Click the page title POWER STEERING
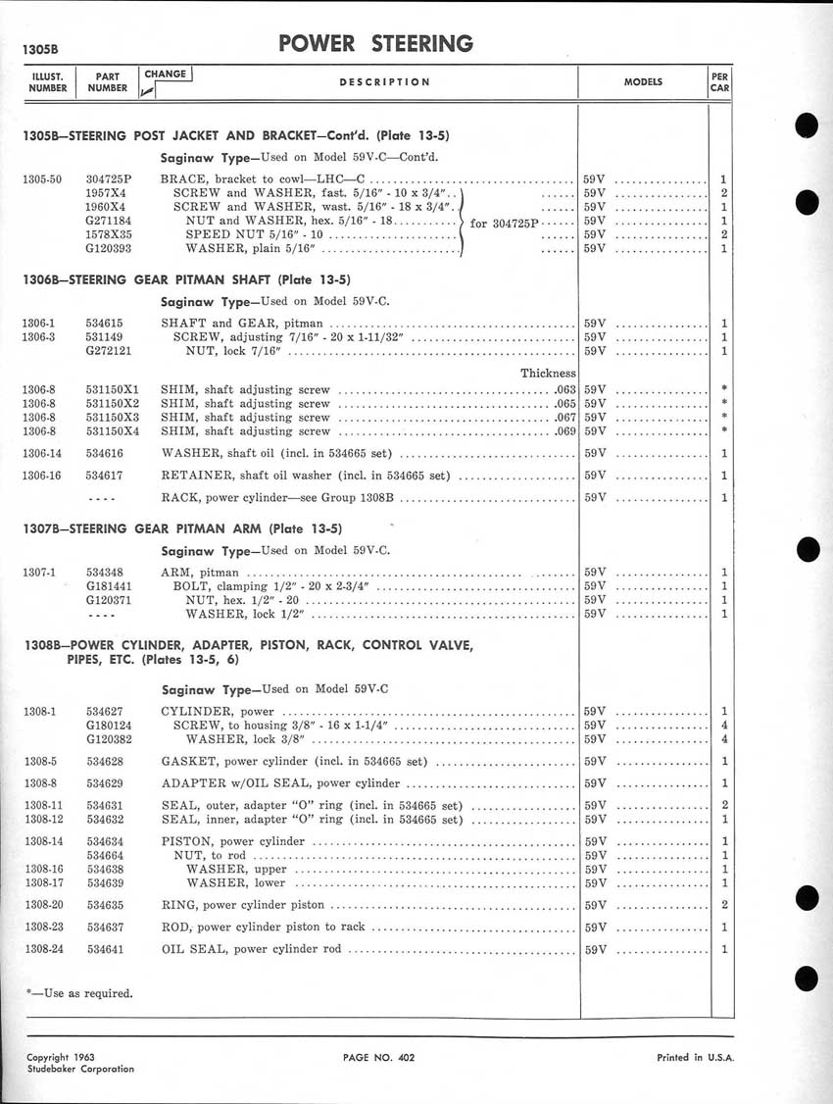(375, 43)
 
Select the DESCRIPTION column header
(384, 82)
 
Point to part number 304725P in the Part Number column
(109, 179)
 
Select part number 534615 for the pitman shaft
(105, 324)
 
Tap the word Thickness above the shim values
(548, 373)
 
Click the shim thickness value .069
(563, 430)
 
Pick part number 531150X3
(113, 417)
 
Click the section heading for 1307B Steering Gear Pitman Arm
(182, 528)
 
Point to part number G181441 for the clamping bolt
(109, 586)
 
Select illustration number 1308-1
(41, 711)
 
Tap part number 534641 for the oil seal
(105, 949)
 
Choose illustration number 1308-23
(44, 927)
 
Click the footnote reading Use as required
(78, 993)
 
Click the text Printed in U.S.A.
(693, 1058)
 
